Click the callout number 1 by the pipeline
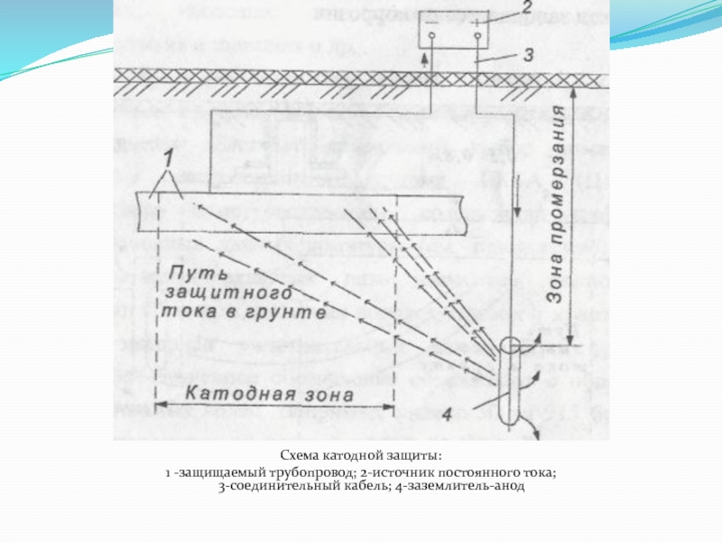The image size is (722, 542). click(165, 161)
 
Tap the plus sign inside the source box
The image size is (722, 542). click(477, 24)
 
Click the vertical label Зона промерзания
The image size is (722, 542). click(559, 204)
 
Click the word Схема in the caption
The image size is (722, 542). click(299, 456)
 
